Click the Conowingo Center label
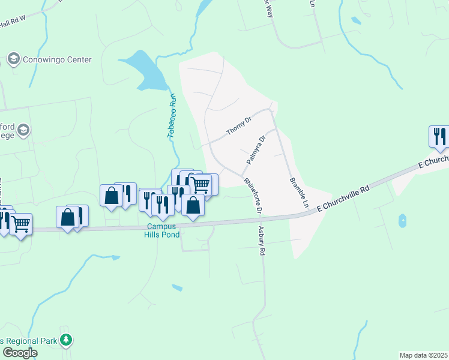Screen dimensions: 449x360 tap(57, 59)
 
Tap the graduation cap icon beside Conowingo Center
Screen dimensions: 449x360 tap(13, 59)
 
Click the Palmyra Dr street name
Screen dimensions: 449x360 tap(256, 151)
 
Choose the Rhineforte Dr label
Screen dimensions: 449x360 tap(253, 196)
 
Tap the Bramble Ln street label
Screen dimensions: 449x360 tap(298, 192)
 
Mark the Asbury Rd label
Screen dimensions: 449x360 tap(261, 241)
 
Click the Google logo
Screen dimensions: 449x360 tap(19, 353)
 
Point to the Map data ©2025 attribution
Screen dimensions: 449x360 tap(423, 355)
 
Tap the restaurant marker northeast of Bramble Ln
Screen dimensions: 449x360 tap(439, 136)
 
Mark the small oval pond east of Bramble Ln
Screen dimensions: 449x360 tap(402, 221)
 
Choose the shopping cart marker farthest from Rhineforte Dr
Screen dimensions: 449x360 tap(21, 224)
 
